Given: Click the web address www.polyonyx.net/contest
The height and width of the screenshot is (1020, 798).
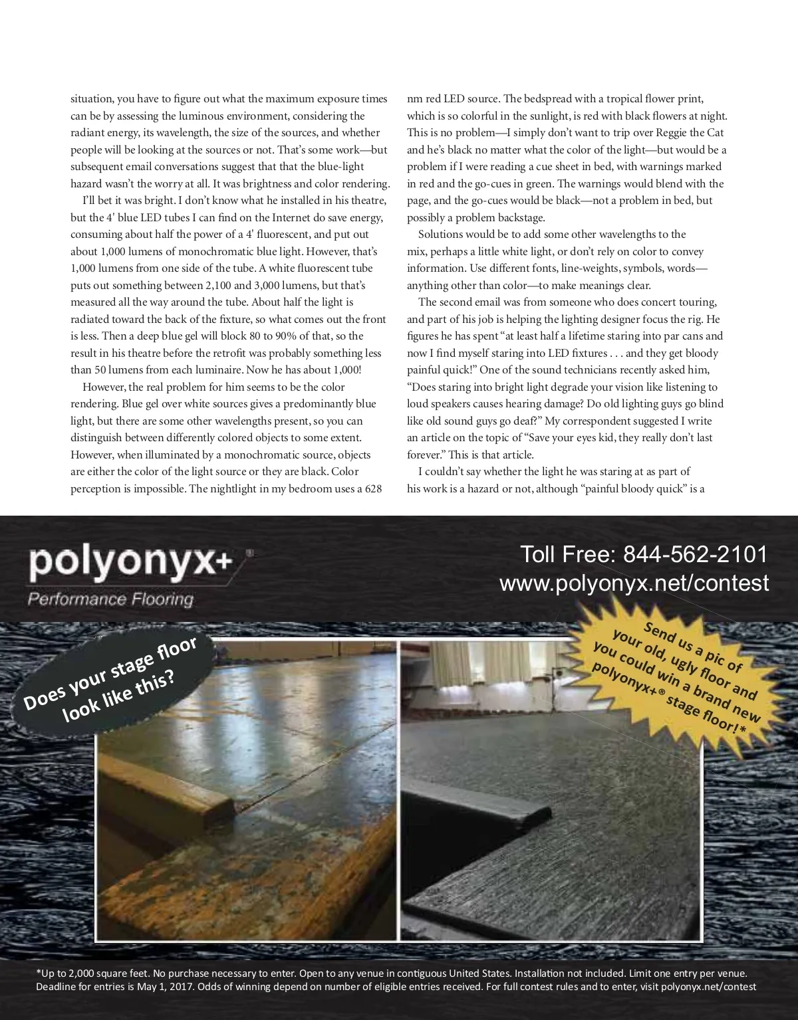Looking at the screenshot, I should (634, 583).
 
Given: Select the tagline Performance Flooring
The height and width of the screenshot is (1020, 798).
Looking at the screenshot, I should (110, 599).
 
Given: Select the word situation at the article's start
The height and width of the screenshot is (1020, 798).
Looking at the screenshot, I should (92, 99).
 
